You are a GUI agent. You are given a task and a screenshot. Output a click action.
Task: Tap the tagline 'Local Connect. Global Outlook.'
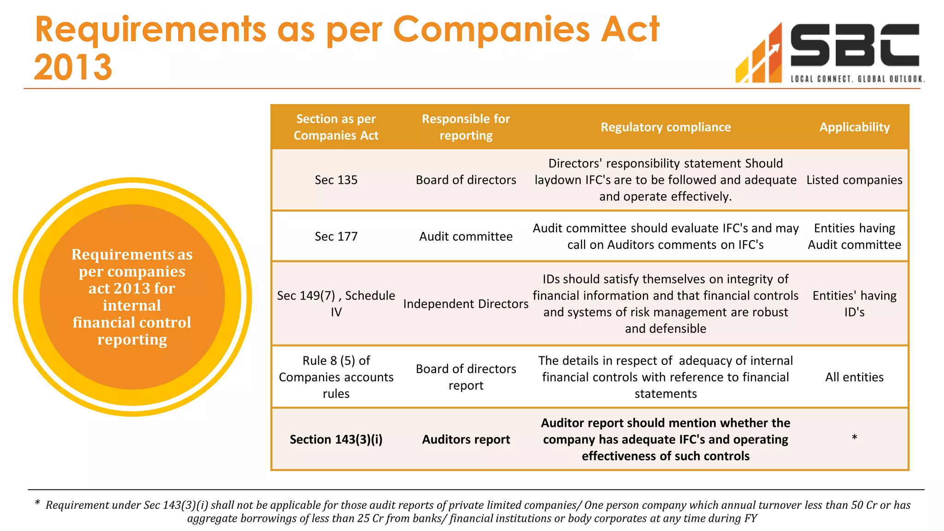point(857,79)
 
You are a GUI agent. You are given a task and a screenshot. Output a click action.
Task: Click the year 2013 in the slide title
point(73,68)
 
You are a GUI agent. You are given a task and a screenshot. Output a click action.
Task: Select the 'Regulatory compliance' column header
point(665,127)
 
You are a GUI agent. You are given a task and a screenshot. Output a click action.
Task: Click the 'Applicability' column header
point(854,127)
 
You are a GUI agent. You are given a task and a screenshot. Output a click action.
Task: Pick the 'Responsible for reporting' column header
point(466,127)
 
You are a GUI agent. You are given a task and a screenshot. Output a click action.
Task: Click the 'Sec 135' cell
point(336,180)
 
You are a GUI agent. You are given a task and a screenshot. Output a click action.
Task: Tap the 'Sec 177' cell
point(336,236)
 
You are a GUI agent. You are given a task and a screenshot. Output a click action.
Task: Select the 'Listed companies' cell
point(854,180)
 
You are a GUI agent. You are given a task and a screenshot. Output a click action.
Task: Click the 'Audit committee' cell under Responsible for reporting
point(466,236)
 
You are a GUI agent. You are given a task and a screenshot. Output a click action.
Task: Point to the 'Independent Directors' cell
point(466,304)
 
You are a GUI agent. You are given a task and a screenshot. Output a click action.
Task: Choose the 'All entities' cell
point(854,377)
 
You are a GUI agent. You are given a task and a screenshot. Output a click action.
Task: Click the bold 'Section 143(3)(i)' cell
point(336,440)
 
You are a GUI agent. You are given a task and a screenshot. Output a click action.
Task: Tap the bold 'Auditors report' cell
point(466,440)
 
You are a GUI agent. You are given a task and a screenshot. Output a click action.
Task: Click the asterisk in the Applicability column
point(854,437)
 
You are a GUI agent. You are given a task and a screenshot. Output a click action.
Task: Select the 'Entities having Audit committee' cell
point(854,236)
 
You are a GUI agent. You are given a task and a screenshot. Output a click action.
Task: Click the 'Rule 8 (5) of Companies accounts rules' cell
point(336,377)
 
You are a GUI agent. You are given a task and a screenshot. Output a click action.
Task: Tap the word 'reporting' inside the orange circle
point(132,340)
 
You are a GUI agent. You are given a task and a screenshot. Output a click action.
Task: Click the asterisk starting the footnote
point(37,503)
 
